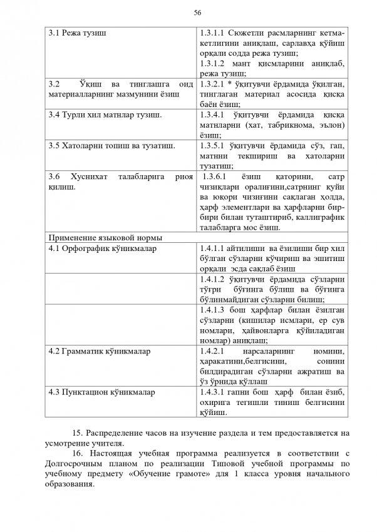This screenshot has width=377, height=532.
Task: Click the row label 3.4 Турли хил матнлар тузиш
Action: coord(105,116)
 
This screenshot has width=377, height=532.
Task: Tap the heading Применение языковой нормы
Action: coord(106,238)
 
